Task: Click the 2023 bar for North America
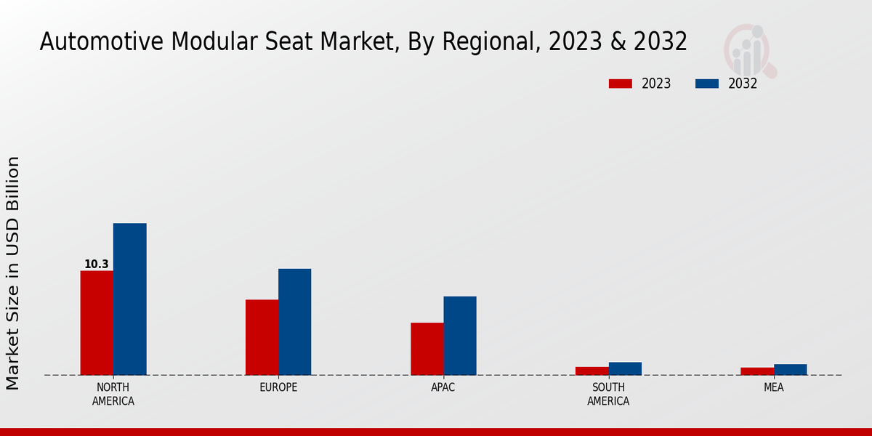point(97,323)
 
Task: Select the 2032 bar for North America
point(129,299)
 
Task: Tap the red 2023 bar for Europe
point(262,337)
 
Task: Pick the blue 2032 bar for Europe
point(294,322)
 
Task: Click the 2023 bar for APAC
point(427,349)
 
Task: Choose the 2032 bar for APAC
point(460,336)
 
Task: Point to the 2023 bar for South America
point(592,371)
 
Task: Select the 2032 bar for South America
point(625,368)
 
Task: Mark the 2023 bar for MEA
point(757,371)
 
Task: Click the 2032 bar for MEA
point(790,369)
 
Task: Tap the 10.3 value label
point(96,265)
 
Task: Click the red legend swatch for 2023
point(620,84)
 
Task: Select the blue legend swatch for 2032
point(706,84)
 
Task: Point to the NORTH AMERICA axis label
point(113,394)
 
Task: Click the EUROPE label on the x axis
point(278,387)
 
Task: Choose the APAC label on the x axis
point(443,387)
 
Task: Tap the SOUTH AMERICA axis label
point(608,394)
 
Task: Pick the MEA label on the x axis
point(773,387)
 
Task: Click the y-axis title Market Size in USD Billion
point(13,272)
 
